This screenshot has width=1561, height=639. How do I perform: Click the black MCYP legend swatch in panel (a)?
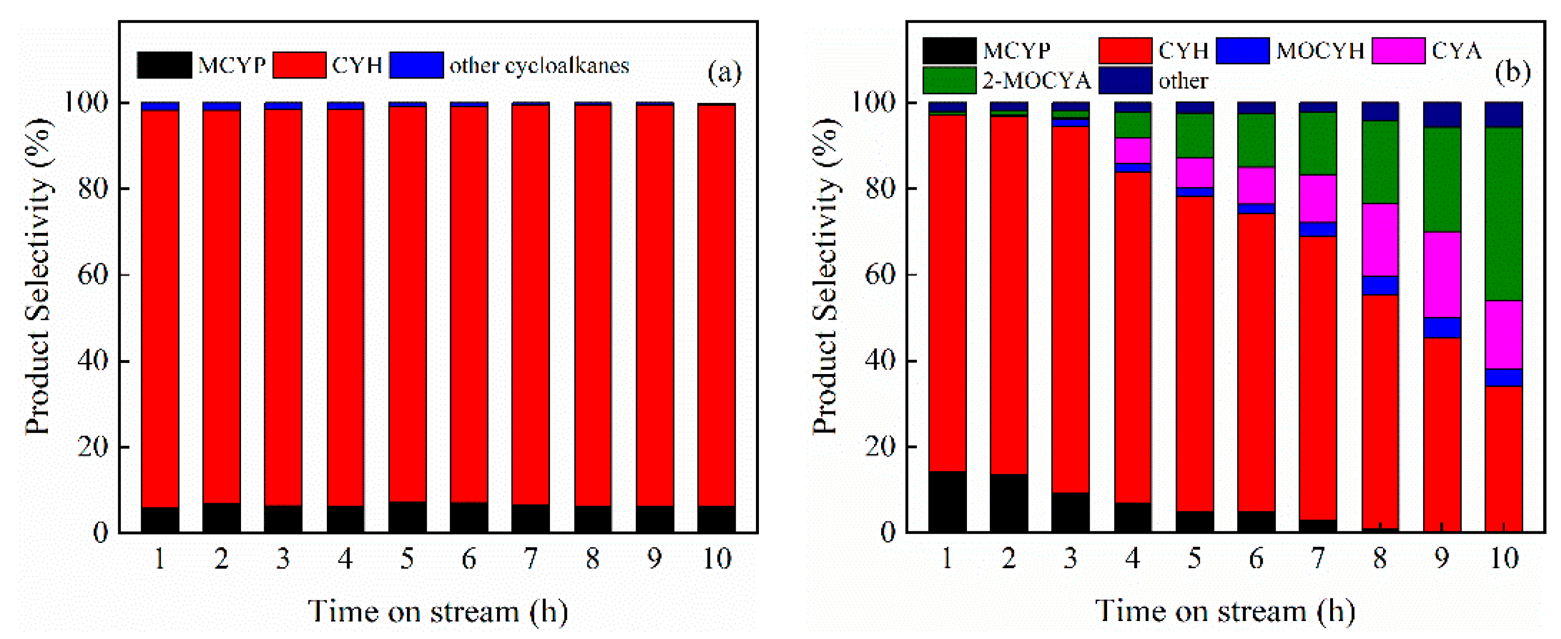(163, 65)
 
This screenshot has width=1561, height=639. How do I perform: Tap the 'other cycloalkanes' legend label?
(539, 66)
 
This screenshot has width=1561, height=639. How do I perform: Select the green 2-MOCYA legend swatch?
(949, 81)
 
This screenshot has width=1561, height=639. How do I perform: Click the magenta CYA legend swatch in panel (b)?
(1398, 50)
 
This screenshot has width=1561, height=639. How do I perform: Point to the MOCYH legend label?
(1320, 50)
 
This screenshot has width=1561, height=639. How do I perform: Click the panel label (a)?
(724, 73)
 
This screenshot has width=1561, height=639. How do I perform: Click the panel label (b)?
(1512, 72)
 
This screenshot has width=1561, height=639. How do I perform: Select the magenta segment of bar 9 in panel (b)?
(1442, 275)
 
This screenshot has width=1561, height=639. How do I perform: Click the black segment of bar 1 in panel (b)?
(947, 501)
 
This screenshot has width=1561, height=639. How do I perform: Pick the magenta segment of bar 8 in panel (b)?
(1380, 240)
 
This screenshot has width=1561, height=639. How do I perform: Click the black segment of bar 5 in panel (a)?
(407, 517)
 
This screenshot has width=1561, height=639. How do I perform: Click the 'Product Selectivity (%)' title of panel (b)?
(825, 276)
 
